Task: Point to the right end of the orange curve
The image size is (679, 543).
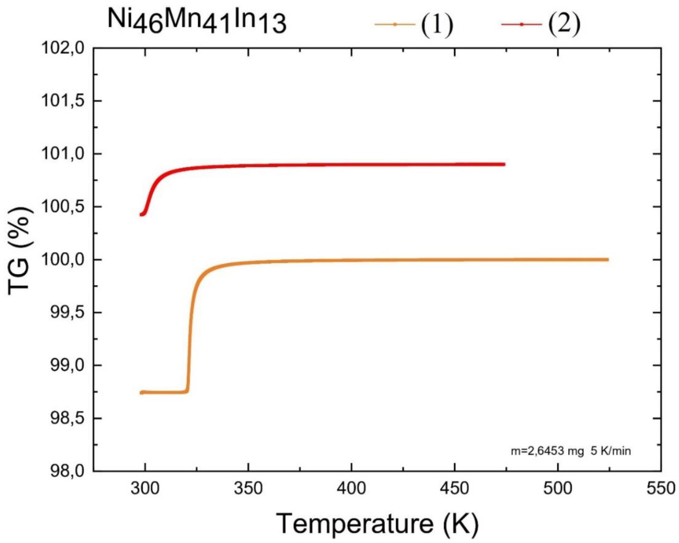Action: [608, 260]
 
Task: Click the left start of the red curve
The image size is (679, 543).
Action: [141, 215]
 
